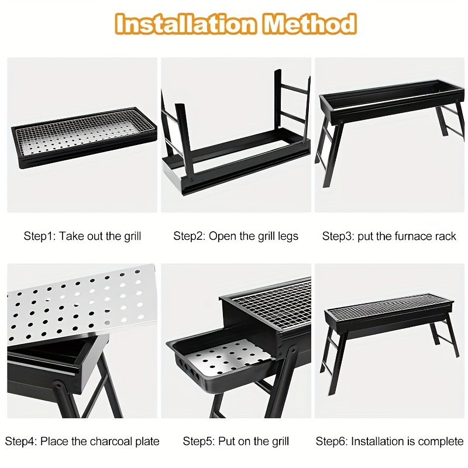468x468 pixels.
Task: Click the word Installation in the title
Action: (185, 23)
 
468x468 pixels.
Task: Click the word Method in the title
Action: (309, 23)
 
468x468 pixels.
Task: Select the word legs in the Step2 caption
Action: (288, 237)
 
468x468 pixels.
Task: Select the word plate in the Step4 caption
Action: (147, 442)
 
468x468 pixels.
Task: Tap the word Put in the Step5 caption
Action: (225, 442)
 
